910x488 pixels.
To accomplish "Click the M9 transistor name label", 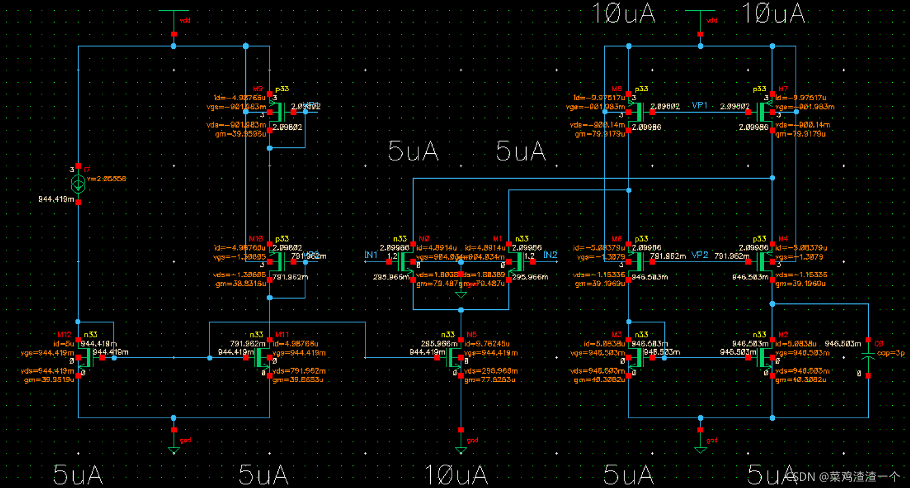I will (258, 89).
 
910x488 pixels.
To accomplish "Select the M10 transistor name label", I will (256, 239).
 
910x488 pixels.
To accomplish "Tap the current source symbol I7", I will (78, 184).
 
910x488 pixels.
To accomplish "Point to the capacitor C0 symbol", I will (868, 357).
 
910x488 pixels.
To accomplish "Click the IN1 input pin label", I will (371, 255).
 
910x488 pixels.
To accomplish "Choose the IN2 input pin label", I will (550, 255).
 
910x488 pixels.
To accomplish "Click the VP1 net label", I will (700, 105).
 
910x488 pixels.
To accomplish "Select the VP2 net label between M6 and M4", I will (700, 255).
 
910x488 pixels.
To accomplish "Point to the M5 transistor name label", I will (472, 335).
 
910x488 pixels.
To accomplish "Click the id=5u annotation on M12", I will (64, 344).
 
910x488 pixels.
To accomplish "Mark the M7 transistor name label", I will (783, 89).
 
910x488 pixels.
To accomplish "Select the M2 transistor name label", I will (783, 335).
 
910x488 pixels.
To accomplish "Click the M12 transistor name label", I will (64, 335).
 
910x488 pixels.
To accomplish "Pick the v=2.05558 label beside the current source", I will (107, 179).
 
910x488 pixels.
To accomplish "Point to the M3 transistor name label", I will (617, 335).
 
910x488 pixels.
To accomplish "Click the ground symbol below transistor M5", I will (461, 449).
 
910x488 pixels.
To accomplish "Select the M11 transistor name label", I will (282, 335).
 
